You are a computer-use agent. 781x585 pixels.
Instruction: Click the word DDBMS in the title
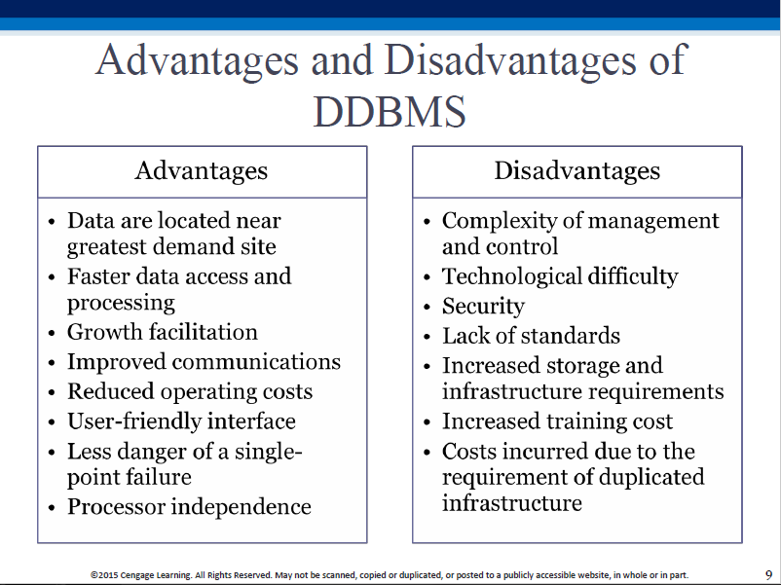pos(390,111)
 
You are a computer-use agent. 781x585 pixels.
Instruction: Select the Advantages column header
pos(202,170)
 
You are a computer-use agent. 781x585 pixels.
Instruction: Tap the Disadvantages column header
pos(576,170)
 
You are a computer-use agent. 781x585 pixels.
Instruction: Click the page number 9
pos(768,574)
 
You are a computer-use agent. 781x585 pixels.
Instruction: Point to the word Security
pos(483,307)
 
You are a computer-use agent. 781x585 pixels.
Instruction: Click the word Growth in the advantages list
pos(104,332)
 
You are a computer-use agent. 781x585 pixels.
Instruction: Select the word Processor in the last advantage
pos(117,507)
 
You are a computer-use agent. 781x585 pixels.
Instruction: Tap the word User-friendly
pos(134,421)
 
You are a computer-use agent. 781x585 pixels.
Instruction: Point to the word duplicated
pos(651,476)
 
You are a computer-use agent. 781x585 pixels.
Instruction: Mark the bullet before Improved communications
pos(52,363)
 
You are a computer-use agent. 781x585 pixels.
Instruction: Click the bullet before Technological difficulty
pos(427,277)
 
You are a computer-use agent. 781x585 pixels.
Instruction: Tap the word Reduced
pos(111,391)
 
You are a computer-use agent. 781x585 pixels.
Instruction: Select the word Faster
pos(98,276)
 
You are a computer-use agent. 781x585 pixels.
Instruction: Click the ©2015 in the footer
pos(104,575)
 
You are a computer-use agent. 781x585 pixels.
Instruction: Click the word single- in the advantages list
pos(269,452)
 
